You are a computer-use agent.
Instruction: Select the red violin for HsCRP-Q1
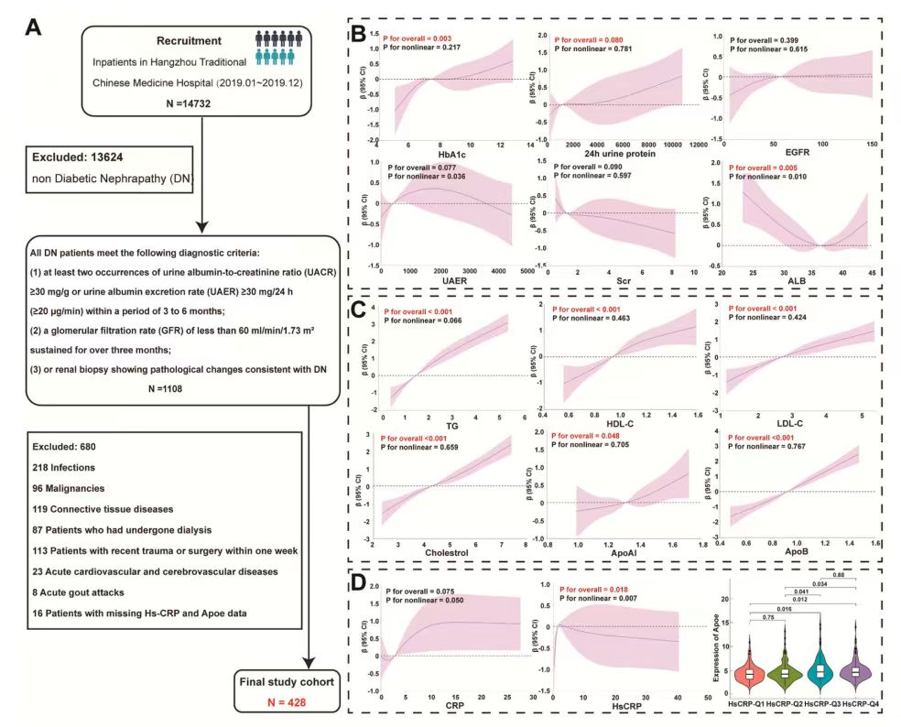pos(748,673)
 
